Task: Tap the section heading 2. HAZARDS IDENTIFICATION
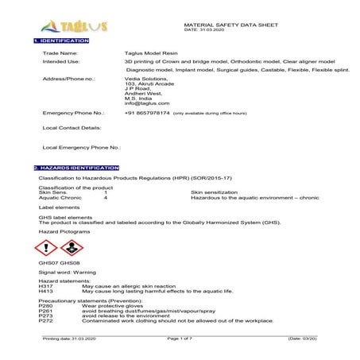coord(76,168)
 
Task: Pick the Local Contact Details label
coord(72,127)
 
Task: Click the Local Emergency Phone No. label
coord(81,147)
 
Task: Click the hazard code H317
coord(45,285)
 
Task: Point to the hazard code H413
coord(45,291)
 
